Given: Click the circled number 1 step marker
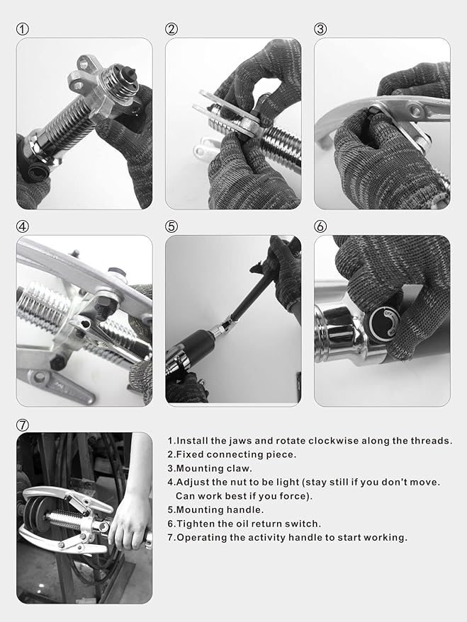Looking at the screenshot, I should click(23, 29).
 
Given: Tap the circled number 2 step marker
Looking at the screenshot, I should click(171, 29).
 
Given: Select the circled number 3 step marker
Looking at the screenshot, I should click(320, 29).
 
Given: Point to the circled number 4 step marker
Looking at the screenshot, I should click(23, 226).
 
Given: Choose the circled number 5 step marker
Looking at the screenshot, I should click(171, 226).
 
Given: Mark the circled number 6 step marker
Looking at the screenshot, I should click(320, 226).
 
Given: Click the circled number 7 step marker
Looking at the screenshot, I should click(23, 425).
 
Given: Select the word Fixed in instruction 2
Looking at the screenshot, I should click(191, 454).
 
